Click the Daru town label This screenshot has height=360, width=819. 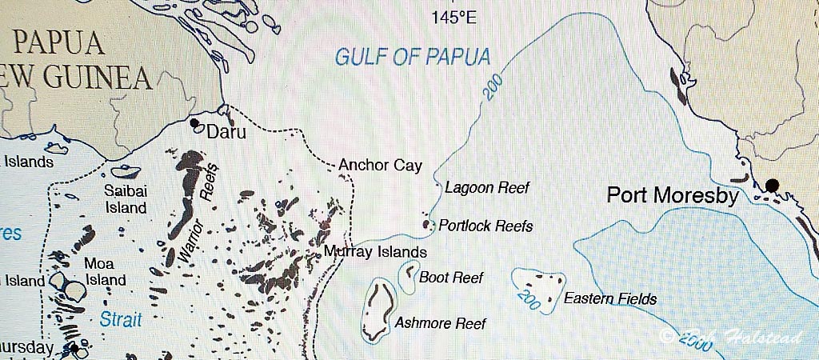tap(226, 132)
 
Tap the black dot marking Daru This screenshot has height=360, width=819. tap(194, 123)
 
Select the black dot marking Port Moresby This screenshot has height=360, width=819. tap(771, 186)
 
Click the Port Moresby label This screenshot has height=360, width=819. tap(673, 195)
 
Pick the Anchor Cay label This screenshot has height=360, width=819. tap(380, 166)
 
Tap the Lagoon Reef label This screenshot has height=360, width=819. tap(487, 188)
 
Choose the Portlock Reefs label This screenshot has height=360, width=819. tap(485, 226)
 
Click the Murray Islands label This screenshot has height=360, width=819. tap(375, 253)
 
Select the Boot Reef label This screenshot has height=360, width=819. tap(452, 278)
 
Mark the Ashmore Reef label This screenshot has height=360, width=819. tap(440, 323)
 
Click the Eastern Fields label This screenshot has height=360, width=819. tap(610, 299)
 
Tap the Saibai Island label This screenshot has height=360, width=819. tap(126, 199)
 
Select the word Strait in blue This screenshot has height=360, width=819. tap(121, 320)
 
